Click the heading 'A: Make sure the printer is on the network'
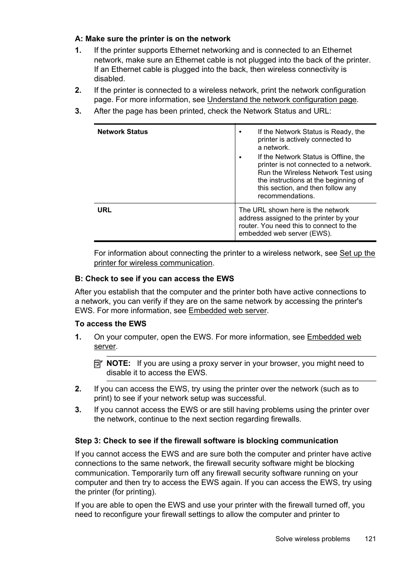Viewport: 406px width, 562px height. tap(152, 39)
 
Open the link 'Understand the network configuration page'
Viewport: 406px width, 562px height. tap(281, 100)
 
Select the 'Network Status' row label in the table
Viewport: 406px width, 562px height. tap(123, 132)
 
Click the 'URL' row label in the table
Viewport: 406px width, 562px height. tap(104, 210)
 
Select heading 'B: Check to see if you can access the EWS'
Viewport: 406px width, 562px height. tap(154, 279)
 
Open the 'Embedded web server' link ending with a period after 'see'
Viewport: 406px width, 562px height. tap(227, 311)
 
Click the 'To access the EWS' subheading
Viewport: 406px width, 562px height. tap(110, 324)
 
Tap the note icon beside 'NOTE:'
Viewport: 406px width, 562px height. tap(98, 364)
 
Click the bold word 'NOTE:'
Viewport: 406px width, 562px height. tap(118, 363)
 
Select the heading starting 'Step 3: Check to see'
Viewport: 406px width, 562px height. tap(206, 441)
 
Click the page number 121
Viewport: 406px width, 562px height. tap(370, 539)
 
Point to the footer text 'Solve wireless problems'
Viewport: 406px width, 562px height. tap(312, 539)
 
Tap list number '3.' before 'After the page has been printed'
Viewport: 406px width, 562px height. tap(78, 111)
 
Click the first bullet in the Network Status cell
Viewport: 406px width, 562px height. tap(240, 132)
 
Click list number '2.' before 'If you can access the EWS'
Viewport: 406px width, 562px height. tap(78, 389)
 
